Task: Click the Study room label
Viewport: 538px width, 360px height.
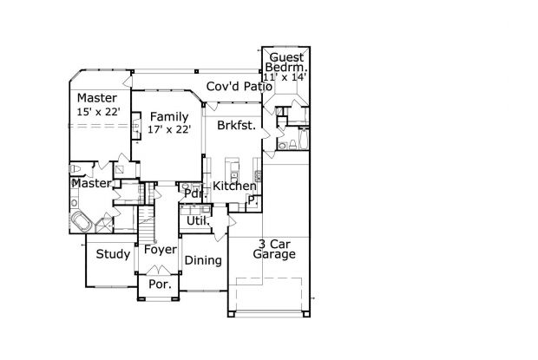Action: point(113,254)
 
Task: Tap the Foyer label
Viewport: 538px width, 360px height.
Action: point(161,249)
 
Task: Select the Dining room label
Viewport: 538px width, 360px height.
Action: point(203,260)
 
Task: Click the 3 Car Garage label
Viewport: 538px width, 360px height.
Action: point(274,249)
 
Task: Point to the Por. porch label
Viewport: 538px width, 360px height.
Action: point(160,285)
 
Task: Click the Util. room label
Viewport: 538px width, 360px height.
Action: point(198,221)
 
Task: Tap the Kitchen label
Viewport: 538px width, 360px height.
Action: point(234,186)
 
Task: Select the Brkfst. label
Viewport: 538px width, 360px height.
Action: point(236,126)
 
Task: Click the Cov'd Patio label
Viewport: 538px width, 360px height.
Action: point(239,87)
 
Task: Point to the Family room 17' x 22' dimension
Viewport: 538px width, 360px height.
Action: point(169,129)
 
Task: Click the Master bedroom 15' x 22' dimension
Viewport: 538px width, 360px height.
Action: point(98,112)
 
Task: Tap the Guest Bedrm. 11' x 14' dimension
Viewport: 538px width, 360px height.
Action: point(285,77)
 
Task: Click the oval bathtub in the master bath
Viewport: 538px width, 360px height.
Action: point(81,222)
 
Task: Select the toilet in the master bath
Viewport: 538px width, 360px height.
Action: point(75,168)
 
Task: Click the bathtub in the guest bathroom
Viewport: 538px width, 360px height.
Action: point(304,139)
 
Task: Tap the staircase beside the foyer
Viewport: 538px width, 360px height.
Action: point(147,225)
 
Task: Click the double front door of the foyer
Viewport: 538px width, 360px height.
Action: point(158,270)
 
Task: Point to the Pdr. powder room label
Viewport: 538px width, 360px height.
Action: point(194,193)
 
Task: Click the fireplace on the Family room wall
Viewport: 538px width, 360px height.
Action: point(136,126)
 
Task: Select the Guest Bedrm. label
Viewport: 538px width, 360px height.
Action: point(286,62)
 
